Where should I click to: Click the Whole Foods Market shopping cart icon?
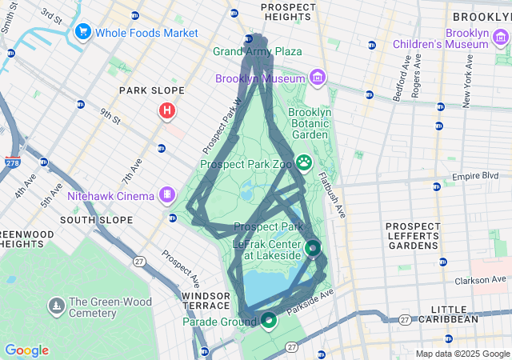click(x=82, y=33)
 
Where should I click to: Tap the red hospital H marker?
click(x=166, y=110)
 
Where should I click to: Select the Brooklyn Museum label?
click(x=260, y=78)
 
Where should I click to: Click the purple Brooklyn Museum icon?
click(x=318, y=78)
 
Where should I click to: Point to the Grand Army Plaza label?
click(x=258, y=51)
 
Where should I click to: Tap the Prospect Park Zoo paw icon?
click(x=304, y=163)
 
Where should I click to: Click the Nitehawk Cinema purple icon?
click(x=166, y=194)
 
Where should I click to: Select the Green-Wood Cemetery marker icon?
click(x=56, y=306)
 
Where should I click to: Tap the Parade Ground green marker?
click(x=268, y=322)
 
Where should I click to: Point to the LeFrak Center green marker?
click(x=313, y=249)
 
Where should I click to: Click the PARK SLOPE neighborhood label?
click(x=151, y=91)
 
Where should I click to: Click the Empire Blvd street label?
click(x=481, y=175)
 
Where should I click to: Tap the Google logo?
click(x=26, y=350)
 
